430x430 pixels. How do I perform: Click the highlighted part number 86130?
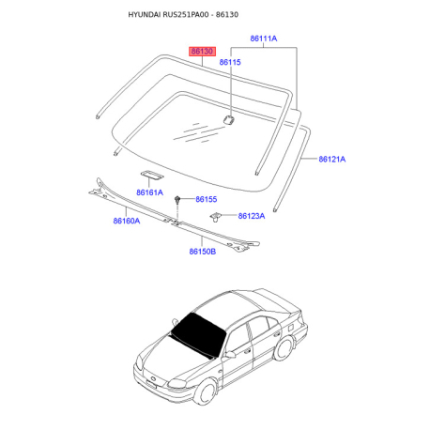(202, 51)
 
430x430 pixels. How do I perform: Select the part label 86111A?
(264, 38)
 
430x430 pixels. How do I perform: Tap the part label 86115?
(230, 62)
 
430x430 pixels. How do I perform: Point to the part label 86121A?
(332, 159)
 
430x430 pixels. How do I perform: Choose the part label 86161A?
(149, 192)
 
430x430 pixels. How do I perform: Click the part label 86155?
(207, 199)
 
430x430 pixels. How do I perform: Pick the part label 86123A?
(252, 216)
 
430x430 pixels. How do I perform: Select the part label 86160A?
(127, 221)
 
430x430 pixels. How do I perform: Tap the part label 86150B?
(203, 252)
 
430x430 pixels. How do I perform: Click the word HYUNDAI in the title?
(145, 15)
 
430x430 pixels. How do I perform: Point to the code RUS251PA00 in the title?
(186, 15)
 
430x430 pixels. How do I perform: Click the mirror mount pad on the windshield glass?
(229, 119)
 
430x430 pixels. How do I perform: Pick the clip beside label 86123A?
(215, 217)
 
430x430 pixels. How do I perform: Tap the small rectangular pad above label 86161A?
(152, 175)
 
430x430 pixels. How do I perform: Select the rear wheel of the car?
(284, 347)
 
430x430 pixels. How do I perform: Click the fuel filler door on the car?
(290, 328)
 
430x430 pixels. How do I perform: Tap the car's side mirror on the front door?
(230, 354)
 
